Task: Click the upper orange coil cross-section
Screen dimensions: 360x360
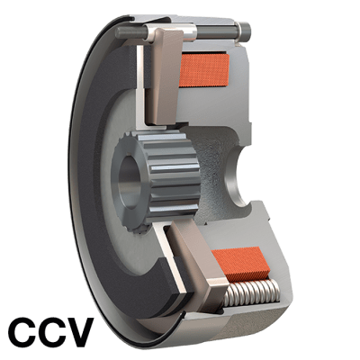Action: (x=203, y=70)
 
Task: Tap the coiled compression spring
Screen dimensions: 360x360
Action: (x=251, y=292)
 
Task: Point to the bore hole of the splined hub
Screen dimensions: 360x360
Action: (x=130, y=182)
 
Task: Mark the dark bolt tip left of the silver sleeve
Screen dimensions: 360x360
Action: (x=132, y=31)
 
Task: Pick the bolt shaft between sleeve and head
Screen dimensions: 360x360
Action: (x=217, y=32)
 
